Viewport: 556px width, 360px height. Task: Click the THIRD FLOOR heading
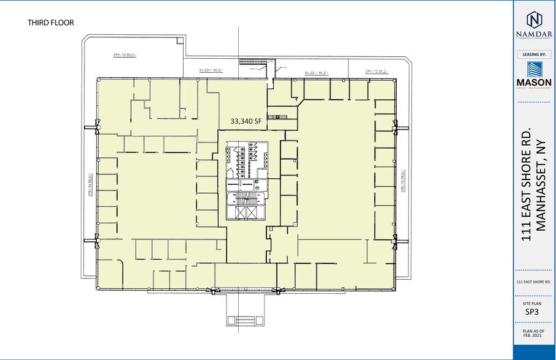tap(51, 23)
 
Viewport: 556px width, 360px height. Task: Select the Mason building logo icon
tap(534, 69)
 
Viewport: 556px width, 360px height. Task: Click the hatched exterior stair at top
tap(250, 61)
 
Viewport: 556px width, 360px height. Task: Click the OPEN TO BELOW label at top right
tap(377, 72)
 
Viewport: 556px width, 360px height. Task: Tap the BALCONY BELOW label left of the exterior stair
tap(211, 71)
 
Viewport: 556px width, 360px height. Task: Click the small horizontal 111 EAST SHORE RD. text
tap(533, 282)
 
